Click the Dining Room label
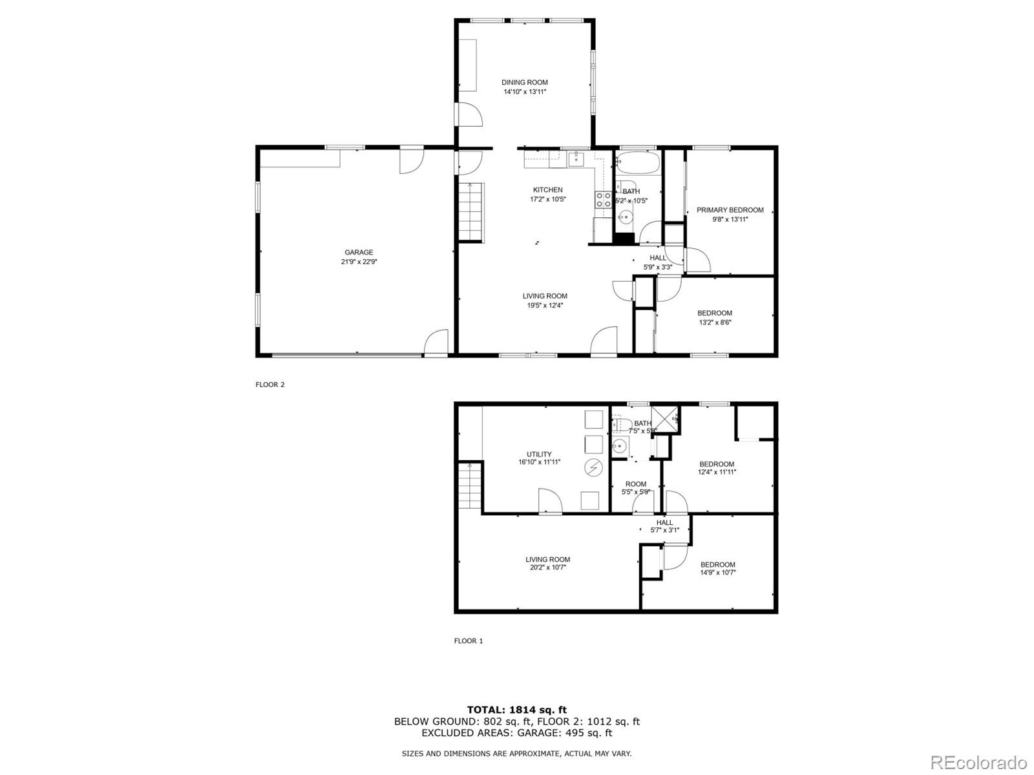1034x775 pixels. click(524, 82)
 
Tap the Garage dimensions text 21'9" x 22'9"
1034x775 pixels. click(359, 262)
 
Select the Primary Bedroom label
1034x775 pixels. click(730, 210)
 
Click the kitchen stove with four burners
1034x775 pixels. click(603, 200)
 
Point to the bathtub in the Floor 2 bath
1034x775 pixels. click(637, 162)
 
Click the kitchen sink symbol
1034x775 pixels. click(576, 159)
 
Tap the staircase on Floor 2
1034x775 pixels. click(470, 211)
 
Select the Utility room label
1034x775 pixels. click(539, 454)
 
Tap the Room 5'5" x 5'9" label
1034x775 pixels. click(635, 484)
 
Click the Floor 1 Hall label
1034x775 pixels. click(664, 522)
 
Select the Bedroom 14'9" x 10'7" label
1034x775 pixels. click(717, 564)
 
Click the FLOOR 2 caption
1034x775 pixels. click(270, 385)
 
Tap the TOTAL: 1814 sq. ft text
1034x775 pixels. click(516, 710)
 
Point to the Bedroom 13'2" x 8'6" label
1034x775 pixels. click(715, 313)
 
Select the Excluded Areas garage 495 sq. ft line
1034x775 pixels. click(516, 733)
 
